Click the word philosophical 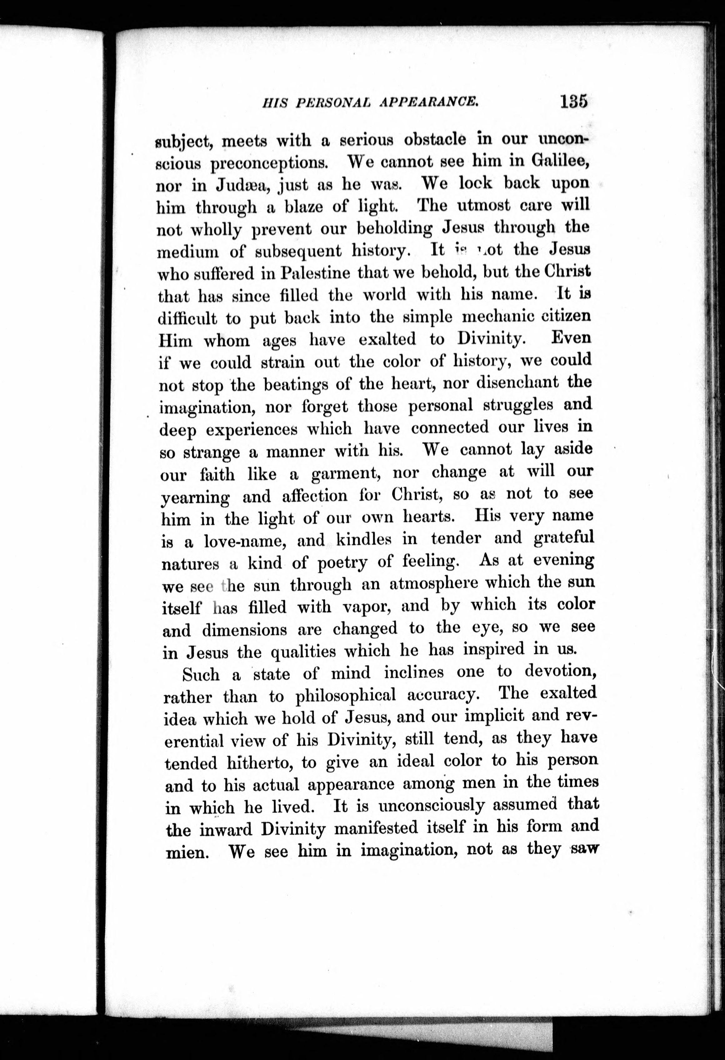(346, 696)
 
